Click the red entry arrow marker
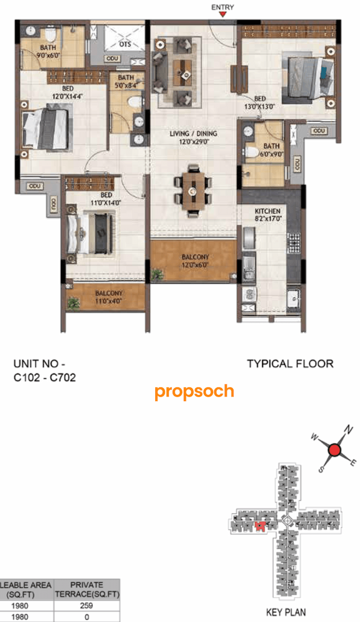(223, 15)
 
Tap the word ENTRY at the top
(223, 7)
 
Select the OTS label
(125, 43)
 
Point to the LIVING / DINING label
(194, 133)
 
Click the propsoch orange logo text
(194, 391)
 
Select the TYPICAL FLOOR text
(290, 364)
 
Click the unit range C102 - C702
(45, 378)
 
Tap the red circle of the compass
(334, 449)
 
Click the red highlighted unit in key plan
(260, 526)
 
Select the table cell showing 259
(87, 606)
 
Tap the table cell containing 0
(87, 617)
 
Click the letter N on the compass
(349, 430)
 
